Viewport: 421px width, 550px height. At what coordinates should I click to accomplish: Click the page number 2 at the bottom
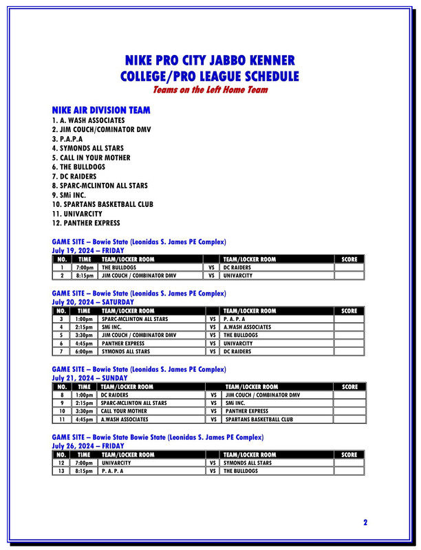(365, 522)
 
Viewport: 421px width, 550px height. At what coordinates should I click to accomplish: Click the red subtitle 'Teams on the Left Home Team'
(210, 89)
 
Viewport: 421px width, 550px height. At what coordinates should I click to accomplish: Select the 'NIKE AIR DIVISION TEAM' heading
(101, 110)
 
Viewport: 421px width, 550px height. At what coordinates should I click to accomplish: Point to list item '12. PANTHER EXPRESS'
(86, 223)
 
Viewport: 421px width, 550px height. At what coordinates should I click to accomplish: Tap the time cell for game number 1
(85, 267)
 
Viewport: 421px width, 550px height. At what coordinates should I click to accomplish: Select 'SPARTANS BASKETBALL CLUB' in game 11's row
(259, 419)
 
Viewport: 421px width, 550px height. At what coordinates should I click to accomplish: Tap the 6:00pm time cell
(85, 351)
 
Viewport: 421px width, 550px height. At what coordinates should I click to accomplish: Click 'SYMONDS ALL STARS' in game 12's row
(248, 463)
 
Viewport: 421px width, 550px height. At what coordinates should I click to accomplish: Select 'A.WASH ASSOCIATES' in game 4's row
(248, 327)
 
